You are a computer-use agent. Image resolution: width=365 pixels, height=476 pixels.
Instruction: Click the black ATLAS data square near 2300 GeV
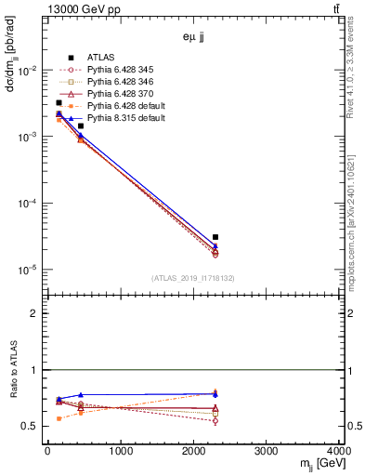215,237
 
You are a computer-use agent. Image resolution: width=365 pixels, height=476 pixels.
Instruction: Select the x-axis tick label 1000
120,451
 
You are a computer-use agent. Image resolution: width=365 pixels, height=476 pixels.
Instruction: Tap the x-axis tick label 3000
267,451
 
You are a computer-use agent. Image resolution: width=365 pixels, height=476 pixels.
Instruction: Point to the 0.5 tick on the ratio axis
34,427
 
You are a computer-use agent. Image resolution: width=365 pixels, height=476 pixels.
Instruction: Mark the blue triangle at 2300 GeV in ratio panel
215,394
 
